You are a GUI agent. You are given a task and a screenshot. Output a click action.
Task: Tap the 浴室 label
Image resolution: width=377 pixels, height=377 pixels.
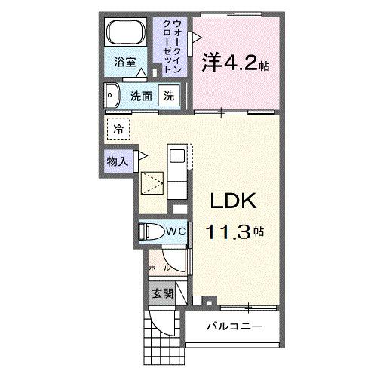pos(125,63)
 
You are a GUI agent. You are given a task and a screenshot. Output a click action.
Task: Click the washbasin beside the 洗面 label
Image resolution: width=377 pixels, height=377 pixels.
pos(113,97)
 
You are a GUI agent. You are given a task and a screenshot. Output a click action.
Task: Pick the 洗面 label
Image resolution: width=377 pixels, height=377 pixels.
pos(141,97)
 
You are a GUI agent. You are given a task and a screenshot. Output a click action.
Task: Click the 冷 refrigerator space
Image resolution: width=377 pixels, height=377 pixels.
pos(118,129)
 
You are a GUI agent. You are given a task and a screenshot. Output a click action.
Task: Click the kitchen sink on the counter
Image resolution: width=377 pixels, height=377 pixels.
pos(176,155)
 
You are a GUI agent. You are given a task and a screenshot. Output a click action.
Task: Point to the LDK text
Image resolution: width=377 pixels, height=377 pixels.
pos(234,202)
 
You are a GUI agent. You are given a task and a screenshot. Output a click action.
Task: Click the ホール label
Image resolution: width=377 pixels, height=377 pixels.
pos(158,268)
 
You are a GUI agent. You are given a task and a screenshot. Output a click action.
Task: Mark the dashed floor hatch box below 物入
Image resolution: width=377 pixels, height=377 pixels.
pos(152,183)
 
